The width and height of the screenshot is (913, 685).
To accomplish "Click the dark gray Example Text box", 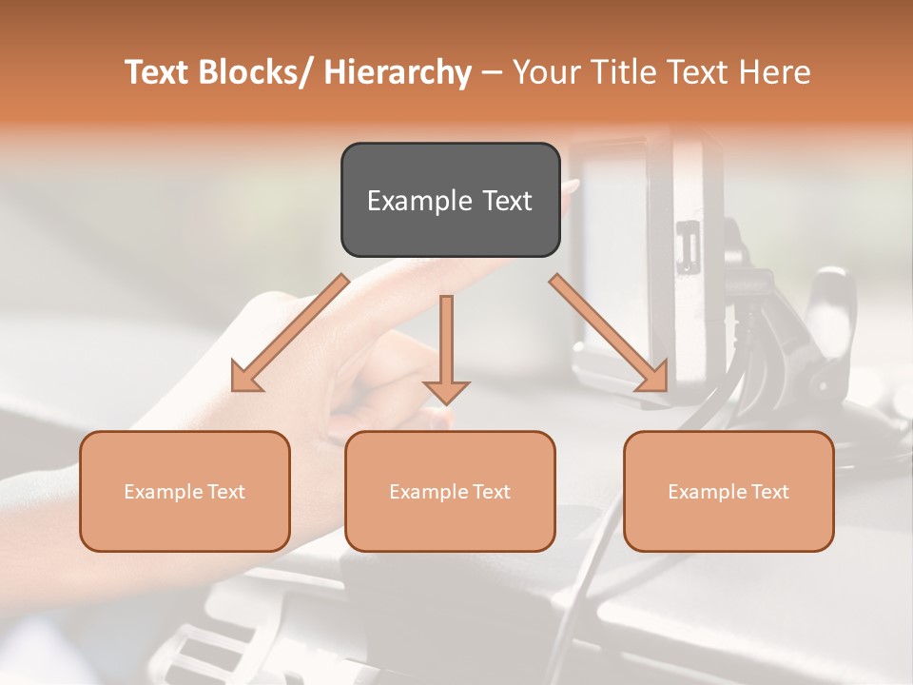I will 450,200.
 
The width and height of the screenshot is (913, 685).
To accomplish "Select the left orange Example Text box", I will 185,491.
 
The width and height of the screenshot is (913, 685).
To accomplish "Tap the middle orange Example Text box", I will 450,491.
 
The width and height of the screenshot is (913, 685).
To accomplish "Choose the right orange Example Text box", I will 728,491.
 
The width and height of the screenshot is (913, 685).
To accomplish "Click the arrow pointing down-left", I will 290,333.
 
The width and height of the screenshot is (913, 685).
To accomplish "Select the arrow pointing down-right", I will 609,333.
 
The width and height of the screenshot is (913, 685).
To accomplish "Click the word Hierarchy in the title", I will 398,73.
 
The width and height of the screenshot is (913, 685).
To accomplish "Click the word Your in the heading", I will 547,72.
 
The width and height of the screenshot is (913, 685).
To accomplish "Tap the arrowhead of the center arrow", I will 446,392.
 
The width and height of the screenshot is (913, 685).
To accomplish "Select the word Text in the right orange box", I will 768,491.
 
